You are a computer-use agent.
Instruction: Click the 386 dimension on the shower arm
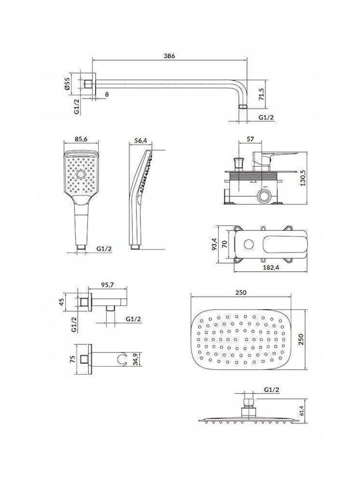click(169, 56)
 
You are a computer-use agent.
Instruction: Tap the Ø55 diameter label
click(67, 83)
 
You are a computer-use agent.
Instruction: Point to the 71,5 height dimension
click(261, 94)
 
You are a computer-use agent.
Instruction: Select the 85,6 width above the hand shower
click(81, 139)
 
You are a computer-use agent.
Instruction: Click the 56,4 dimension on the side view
click(141, 141)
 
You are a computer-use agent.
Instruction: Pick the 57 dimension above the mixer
click(250, 139)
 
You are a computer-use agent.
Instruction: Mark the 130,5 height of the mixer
click(303, 177)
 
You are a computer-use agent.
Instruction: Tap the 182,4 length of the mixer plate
click(271, 267)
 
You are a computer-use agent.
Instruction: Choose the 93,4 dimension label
click(215, 244)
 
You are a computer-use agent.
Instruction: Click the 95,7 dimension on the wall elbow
click(107, 285)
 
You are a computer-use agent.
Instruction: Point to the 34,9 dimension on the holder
click(137, 359)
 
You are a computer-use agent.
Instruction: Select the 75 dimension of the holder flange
click(73, 359)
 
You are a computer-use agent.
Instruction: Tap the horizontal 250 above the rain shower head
click(241, 293)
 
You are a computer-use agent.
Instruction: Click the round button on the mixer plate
click(249, 244)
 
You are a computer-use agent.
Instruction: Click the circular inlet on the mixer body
click(264, 195)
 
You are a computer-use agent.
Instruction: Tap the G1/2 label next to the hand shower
click(104, 249)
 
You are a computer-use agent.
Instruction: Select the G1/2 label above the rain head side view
click(272, 390)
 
